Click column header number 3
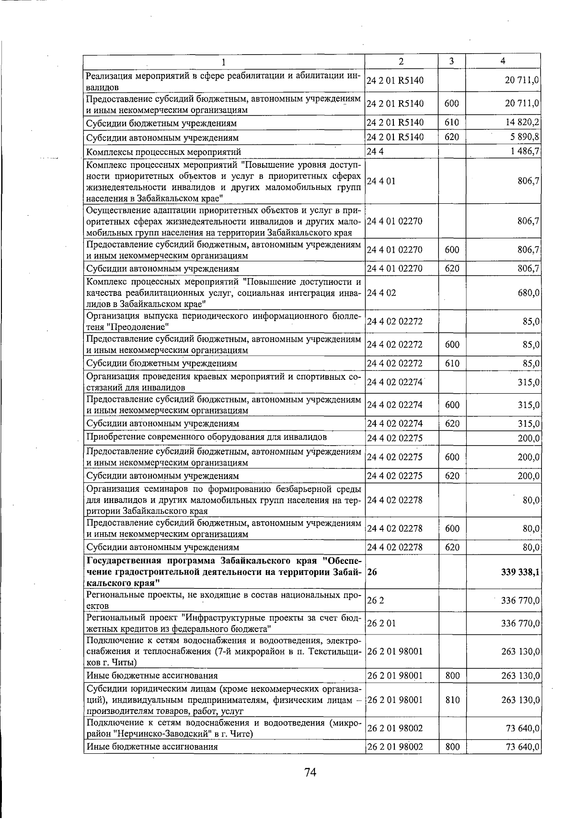pyautogui.click(x=452, y=61)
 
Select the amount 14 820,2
pyautogui.click(x=522, y=122)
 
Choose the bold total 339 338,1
pyautogui.click(x=519, y=572)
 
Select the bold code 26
pyautogui.click(x=372, y=572)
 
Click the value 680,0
pyautogui.click(x=529, y=292)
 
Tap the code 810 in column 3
pyautogui.click(x=452, y=700)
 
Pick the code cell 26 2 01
pyautogui.click(x=381, y=623)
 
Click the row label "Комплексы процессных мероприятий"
pyautogui.click(x=163, y=152)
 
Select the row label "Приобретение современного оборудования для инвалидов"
pyautogui.click(x=206, y=437)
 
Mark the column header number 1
pyautogui.click(x=223, y=61)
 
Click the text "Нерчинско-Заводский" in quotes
pyautogui.click(x=156, y=734)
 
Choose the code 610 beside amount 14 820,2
pyautogui.click(x=452, y=122)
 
